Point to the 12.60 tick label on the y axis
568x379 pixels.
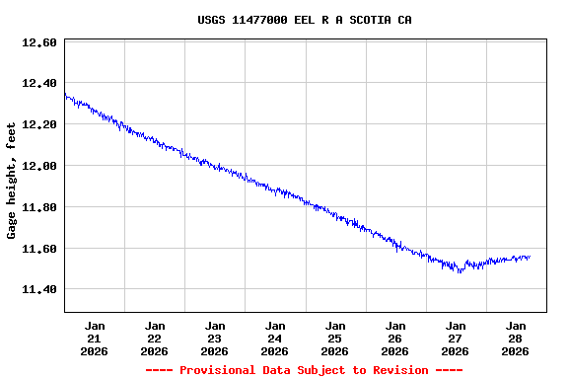coord(38,42)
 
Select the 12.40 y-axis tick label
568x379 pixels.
coord(38,84)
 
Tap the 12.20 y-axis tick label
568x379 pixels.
coord(38,125)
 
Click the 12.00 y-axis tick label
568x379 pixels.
coord(38,166)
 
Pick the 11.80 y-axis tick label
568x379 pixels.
coord(38,207)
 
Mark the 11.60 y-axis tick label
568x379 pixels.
coord(38,249)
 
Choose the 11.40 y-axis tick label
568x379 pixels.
coord(38,290)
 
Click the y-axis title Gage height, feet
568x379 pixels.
coord(12,181)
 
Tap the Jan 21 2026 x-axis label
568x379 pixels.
coord(95,338)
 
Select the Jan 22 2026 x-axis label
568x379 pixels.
coord(155,338)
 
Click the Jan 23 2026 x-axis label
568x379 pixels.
coord(215,338)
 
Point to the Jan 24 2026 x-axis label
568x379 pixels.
coord(275,338)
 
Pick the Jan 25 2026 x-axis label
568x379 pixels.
coord(335,338)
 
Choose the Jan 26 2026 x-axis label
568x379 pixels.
coord(395,338)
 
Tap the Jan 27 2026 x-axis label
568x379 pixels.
coord(456,338)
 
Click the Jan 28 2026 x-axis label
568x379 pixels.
coord(516,338)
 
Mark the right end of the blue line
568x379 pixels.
coord(530,257)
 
